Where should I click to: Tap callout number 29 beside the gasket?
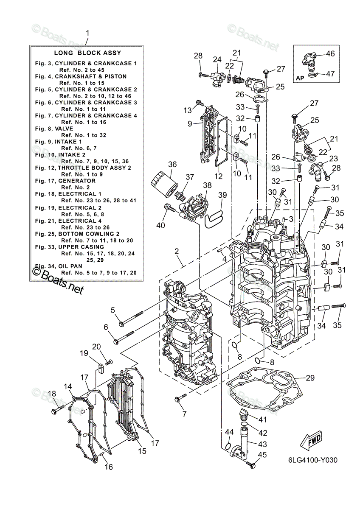click(x=310, y=378)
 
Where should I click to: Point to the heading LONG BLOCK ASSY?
click(x=88, y=53)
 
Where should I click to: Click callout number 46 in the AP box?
click(x=330, y=54)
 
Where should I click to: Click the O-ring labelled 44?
click(x=229, y=447)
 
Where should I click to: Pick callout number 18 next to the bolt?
click(x=52, y=394)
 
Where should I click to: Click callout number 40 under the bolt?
click(x=160, y=225)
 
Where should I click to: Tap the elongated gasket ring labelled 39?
click(x=214, y=219)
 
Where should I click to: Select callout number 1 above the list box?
click(x=88, y=33)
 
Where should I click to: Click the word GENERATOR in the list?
click(x=76, y=181)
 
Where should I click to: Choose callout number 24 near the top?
click(x=217, y=59)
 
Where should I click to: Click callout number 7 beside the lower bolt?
click(x=184, y=414)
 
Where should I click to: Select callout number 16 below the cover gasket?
click(x=109, y=467)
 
